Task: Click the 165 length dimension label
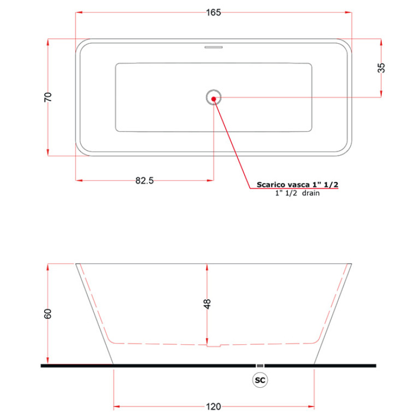click(x=214, y=13)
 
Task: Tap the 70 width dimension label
click(x=48, y=97)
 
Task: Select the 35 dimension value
click(x=381, y=68)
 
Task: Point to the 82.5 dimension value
click(x=145, y=181)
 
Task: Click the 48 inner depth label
click(x=207, y=304)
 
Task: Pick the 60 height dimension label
click(x=48, y=314)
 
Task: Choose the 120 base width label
click(x=214, y=406)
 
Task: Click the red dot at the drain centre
click(x=214, y=99)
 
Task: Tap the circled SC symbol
click(x=260, y=380)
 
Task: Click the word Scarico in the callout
click(x=271, y=185)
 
